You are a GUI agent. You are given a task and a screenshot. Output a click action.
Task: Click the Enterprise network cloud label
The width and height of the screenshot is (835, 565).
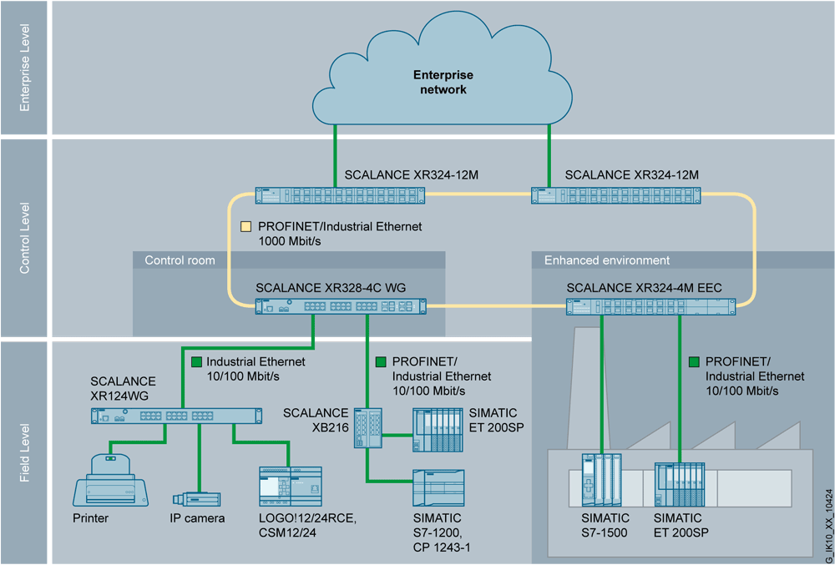click(x=443, y=83)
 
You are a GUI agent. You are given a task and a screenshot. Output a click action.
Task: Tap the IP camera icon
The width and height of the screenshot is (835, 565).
click(x=197, y=498)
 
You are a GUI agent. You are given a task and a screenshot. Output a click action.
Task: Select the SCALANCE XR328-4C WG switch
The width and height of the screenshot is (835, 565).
click(x=340, y=306)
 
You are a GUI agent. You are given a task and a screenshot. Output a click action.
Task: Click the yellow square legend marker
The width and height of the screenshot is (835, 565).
click(x=245, y=226)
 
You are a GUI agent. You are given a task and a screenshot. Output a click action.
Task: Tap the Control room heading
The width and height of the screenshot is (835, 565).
click(x=180, y=260)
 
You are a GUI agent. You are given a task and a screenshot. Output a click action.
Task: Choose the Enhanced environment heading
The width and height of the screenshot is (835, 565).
click(x=607, y=260)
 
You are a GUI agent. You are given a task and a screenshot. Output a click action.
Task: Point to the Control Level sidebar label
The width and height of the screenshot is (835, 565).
click(x=24, y=238)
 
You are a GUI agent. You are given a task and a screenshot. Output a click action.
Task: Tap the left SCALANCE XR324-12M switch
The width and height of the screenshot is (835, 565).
click(x=340, y=196)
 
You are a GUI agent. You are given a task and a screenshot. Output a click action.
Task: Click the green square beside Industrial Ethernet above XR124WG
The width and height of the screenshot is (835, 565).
click(x=196, y=362)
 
